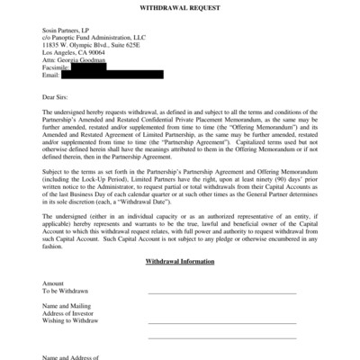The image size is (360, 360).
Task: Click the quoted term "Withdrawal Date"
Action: tap(184, 201)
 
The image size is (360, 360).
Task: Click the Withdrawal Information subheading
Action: tap(179, 261)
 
